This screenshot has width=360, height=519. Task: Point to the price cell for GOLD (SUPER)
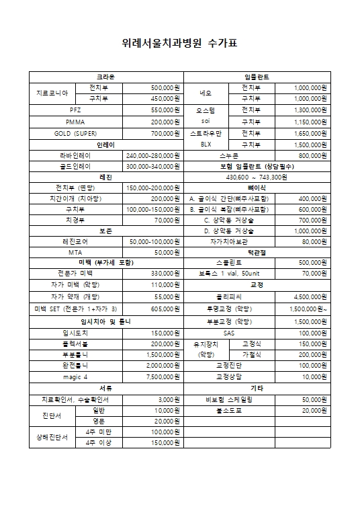tap(153, 134)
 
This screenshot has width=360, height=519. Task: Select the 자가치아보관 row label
tap(230, 241)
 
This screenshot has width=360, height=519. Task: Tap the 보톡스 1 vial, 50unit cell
tap(230, 274)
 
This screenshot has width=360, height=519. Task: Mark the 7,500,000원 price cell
tap(153, 376)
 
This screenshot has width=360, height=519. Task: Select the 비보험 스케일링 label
tap(230, 399)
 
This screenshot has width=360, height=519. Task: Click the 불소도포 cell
tap(230, 410)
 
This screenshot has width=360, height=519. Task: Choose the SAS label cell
tap(230, 333)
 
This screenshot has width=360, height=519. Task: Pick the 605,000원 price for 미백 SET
tap(153, 309)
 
